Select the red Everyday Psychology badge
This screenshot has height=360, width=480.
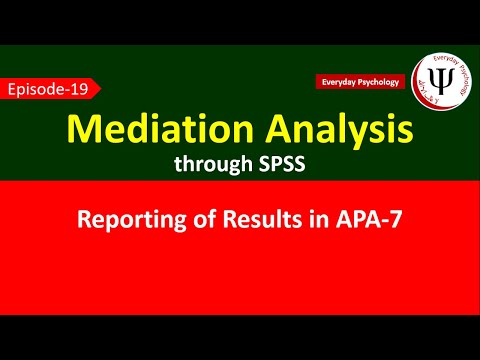[360, 81]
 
